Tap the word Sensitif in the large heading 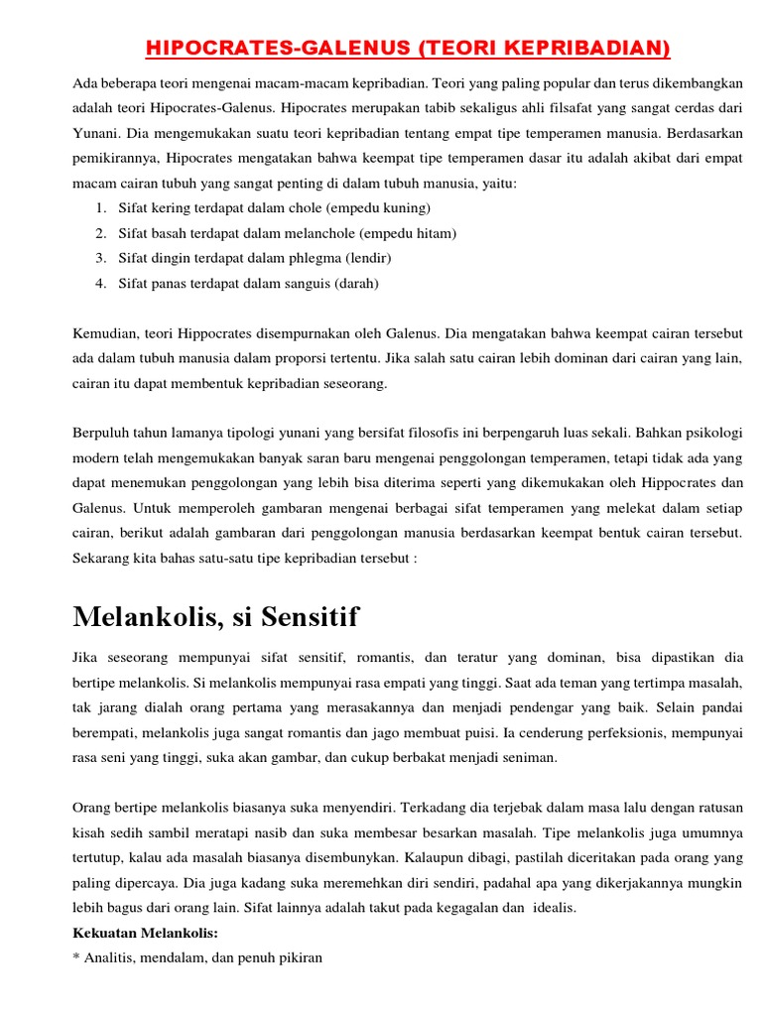point(310,617)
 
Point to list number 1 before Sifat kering point(101,208)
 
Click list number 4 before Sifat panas point(101,283)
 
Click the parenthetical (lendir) point(367,258)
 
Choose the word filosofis point(414,434)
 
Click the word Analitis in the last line point(114,958)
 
